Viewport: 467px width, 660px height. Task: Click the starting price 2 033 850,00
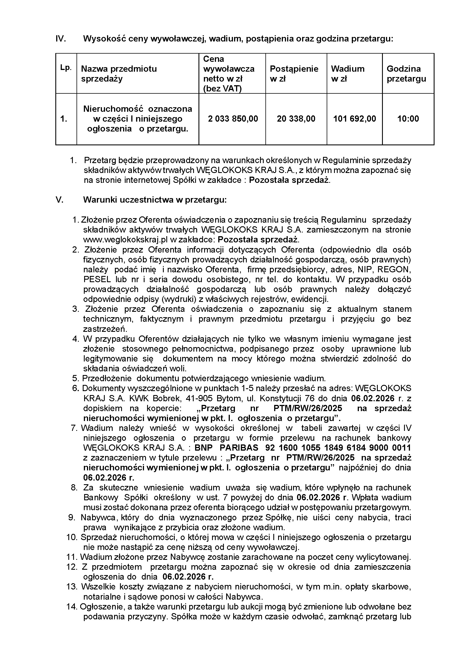click(233, 119)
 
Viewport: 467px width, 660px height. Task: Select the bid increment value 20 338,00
click(296, 119)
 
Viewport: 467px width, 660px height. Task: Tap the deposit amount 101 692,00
click(355, 119)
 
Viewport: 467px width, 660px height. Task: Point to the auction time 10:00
click(408, 119)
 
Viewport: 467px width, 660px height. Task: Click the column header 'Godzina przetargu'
click(406, 74)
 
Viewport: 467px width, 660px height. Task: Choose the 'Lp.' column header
click(66, 68)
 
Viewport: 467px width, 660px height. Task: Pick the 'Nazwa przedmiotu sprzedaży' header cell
click(119, 74)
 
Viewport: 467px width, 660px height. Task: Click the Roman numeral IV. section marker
click(61, 39)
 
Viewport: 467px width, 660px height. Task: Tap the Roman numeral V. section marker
click(59, 200)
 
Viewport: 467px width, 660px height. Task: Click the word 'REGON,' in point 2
click(394, 269)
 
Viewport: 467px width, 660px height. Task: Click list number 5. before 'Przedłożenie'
click(76, 378)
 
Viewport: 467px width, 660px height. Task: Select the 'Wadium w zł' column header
click(347, 74)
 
